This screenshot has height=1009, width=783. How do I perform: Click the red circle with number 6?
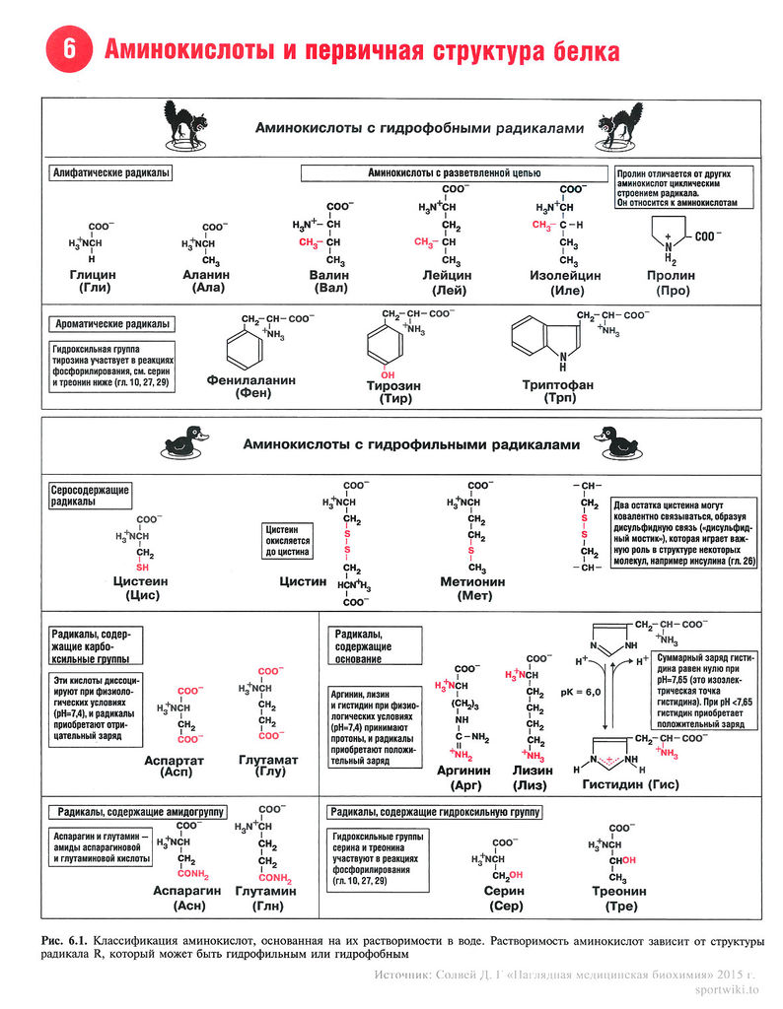[x=69, y=52]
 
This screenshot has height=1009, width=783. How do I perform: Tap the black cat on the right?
[x=620, y=125]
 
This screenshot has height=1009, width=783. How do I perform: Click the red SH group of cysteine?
[x=142, y=568]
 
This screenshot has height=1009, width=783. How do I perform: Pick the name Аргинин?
[x=463, y=771]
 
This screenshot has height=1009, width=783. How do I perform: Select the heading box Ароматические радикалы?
[x=111, y=323]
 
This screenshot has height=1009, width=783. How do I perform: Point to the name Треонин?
[x=619, y=891]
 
